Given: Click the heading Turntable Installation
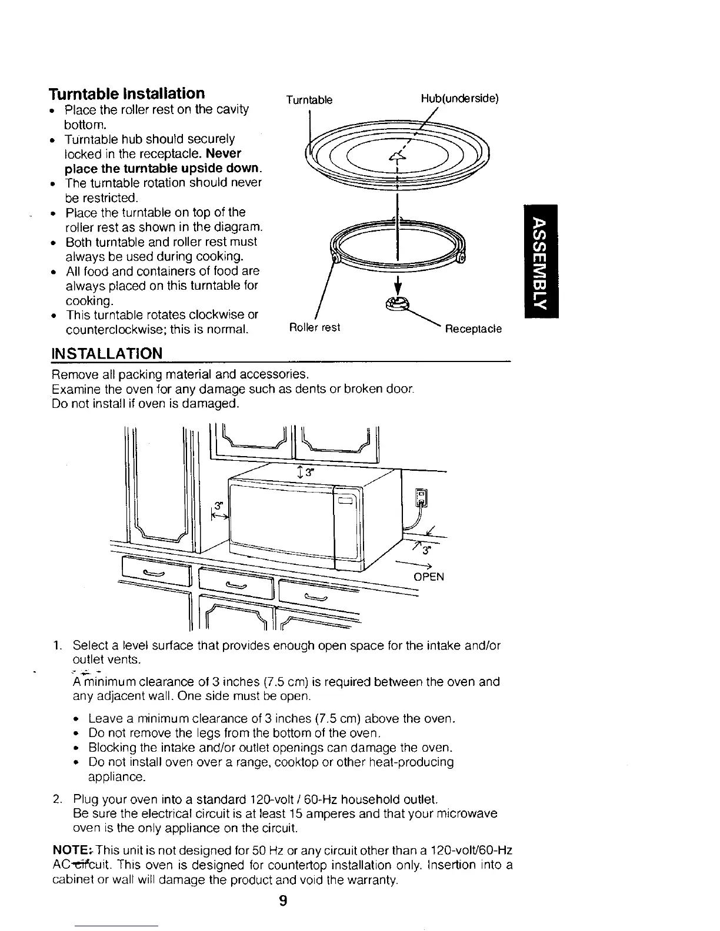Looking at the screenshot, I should click(x=127, y=93).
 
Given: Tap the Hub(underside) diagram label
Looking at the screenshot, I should click(x=459, y=99).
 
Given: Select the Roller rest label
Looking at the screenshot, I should click(x=314, y=327).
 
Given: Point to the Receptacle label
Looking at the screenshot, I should click(x=473, y=329).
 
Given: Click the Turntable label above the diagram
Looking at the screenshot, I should click(x=309, y=100).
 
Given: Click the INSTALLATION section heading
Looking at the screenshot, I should click(x=106, y=354).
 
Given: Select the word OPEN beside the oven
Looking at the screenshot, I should click(x=429, y=577).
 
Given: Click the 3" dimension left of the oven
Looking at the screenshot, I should click(x=219, y=505).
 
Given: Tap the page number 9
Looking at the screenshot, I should click(x=283, y=900).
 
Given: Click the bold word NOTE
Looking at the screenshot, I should click(x=69, y=850).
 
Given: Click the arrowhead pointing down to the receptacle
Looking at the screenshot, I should click(x=398, y=287).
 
